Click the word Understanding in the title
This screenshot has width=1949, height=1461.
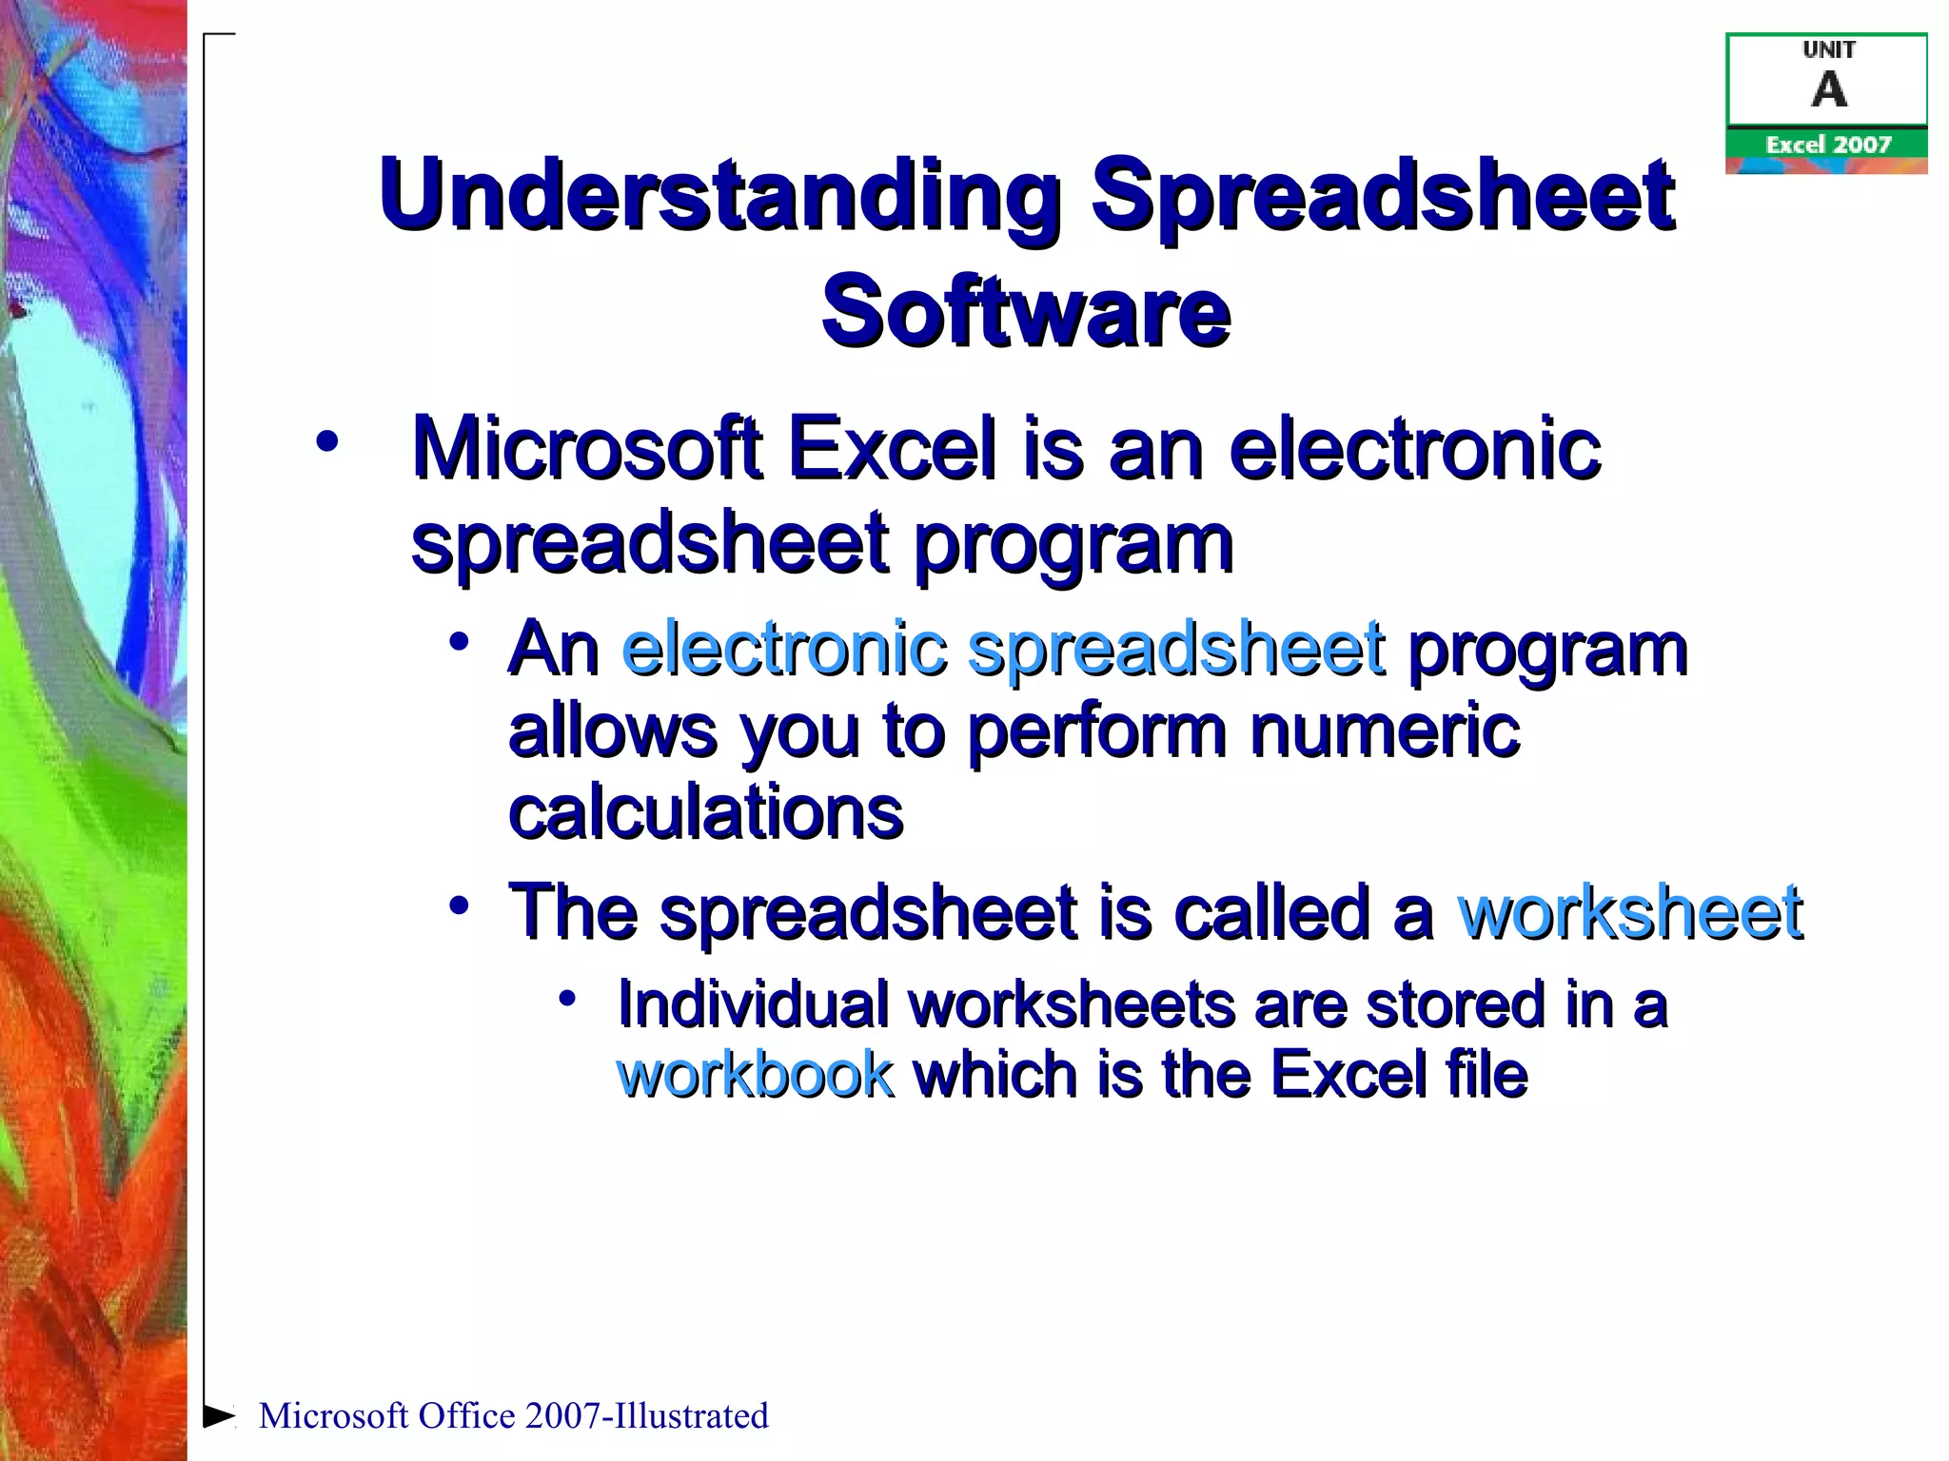[719, 196]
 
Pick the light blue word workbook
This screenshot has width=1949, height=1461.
[756, 1075]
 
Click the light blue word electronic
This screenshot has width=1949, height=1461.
[784, 650]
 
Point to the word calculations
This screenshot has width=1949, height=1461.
[705, 814]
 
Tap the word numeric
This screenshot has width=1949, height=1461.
[1385, 732]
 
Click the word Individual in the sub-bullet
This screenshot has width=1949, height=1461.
[752, 1005]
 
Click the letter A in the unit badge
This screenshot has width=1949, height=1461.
[1828, 91]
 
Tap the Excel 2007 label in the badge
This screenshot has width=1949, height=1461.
[1827, 145]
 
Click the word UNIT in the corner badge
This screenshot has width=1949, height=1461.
[1828, 50]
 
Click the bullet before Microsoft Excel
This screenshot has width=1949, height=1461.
[326, 441]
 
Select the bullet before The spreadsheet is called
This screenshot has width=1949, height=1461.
[460, 906]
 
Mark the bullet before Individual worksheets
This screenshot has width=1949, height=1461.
[568, 998]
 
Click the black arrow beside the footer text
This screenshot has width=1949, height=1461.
[219, 1415]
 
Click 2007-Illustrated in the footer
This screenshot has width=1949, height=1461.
[646, 1416]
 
